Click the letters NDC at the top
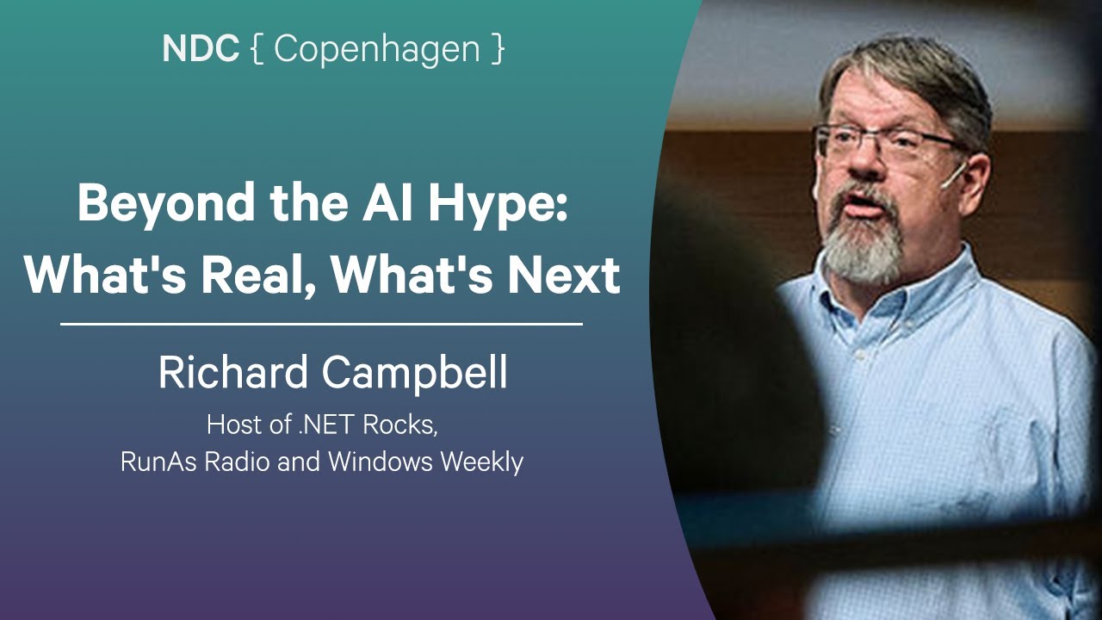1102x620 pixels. pyautogui.click(x=200, y=50)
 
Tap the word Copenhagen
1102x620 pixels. pyautogui.click(x=377, y=50)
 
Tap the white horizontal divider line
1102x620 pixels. pyautogui.click(x=321, y=325)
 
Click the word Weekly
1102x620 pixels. pyautogui.click(x=481, y=462)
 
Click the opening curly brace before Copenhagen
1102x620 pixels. pyautogui.click(x=256, y=50)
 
